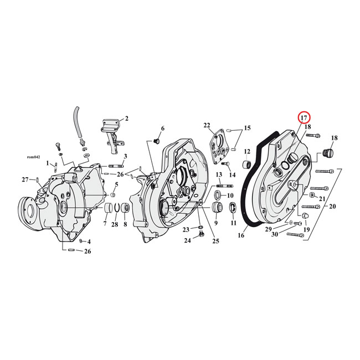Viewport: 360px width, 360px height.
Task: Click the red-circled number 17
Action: [x=304, y=117]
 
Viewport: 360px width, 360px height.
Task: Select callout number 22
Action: [x=207, y=125]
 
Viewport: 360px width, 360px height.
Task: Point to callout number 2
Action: [x=126, y=118]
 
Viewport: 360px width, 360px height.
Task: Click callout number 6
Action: [x=162, y=128]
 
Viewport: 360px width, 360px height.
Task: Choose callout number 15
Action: [x=247, y=128]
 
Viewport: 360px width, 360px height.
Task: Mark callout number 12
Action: [x=247, y=151]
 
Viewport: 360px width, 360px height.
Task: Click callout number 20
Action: [x=332, y=206]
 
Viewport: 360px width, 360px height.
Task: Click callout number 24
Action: [x=187, y=240]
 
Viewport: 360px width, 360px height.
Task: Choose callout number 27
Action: [x=25, y=179]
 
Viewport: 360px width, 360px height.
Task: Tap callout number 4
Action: [x=89, y=241]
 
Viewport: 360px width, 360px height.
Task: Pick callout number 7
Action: [x=104, y=223]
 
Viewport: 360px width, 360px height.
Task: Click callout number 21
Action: [x=322, y=198]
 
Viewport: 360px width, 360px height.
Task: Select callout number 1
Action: [x=48, y=163]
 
